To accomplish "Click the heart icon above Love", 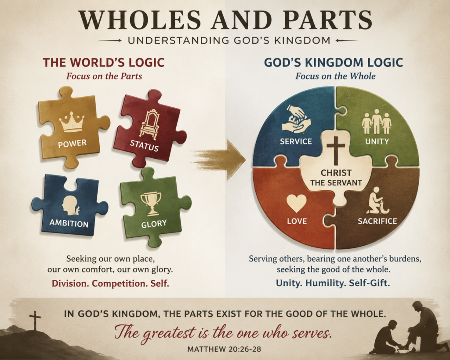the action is click(x=297, y=204).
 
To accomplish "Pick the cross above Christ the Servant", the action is click(x=335, y=150).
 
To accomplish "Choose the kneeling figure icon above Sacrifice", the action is click(x=377, y=200).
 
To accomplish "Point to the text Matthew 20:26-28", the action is click(x=224, y=349).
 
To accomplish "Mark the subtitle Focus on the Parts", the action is click(x=104, y=76).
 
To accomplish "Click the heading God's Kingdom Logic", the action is click(x=334, y=62).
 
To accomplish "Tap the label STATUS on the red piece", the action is click(x=144, y=145).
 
